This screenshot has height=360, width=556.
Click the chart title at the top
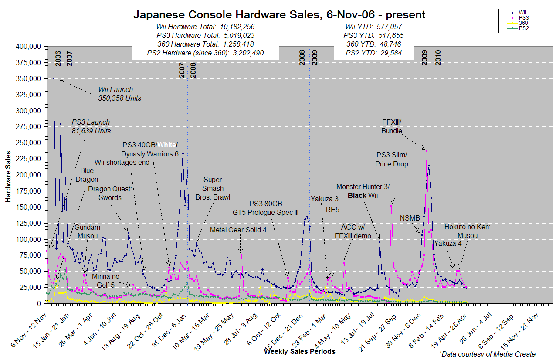coord(279,15)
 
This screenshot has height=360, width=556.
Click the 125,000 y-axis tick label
coord(28,223)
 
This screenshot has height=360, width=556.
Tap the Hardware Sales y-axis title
coord(8,174)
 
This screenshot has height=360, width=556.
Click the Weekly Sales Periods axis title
coord(299,351)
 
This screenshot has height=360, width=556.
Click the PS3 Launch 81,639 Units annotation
coord(91,126)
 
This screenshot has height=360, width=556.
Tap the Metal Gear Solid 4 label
coord(238,230)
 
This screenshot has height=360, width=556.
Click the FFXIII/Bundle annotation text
coord(391,127)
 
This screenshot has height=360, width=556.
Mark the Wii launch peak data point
coord(54,78)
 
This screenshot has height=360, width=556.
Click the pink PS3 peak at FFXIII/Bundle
coord(427,150)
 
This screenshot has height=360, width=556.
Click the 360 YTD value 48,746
coord(386,44)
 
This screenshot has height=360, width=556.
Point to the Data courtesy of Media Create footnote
coord(487,354)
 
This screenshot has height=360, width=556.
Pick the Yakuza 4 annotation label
coord(448,243)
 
